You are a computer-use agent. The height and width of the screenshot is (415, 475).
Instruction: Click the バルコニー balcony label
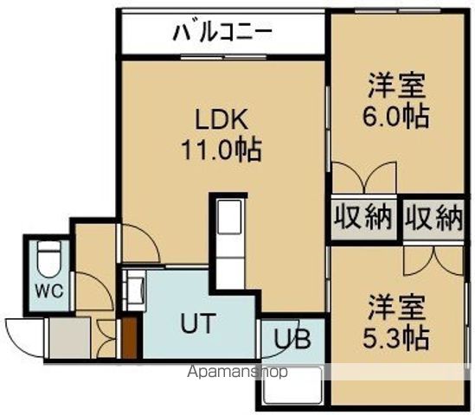coord(222,34)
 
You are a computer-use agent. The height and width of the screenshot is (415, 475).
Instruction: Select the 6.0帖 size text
coord(396,116)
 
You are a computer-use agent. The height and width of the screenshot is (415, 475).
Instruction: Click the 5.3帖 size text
coord(396,336)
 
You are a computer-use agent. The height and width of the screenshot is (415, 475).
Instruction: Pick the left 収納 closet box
coord(363,218)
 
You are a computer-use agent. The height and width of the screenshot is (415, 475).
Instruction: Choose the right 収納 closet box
coord(433,218)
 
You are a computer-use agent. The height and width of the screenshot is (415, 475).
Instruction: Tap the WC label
coord(48,289)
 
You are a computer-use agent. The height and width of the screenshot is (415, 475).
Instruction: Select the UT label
coord(197,324)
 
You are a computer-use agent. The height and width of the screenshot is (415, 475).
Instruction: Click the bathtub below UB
coord(290,386)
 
